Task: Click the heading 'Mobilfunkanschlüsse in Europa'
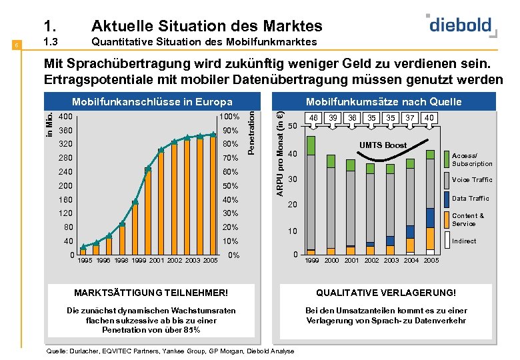[152, 102]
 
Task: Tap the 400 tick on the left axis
[65, 117]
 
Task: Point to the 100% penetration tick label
[229, 117]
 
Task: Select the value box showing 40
[429, 117]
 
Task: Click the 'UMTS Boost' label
[383, 145]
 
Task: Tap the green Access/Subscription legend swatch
[448, 159]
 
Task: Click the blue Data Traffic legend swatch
[448, 199]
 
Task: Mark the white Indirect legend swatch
[448, 240]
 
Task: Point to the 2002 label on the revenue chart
[371, 261]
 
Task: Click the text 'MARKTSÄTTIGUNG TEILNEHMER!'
[151, 292]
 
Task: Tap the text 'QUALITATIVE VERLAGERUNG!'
[386, 292]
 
